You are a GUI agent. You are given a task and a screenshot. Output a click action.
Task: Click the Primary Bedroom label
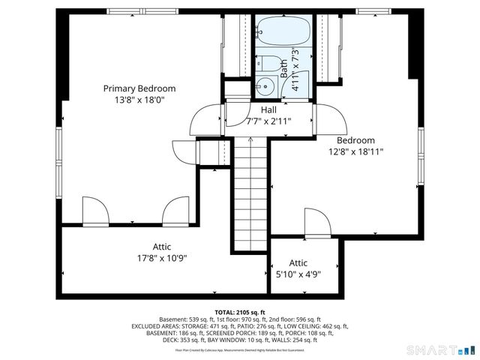coord(139,88)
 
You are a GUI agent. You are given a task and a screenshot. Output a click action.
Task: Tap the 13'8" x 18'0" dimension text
coord(139,99)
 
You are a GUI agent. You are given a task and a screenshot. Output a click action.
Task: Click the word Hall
coord(268,109)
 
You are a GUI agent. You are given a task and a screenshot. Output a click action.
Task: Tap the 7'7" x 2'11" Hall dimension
coord(268,121)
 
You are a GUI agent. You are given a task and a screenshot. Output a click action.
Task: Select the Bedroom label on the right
coord(355,140)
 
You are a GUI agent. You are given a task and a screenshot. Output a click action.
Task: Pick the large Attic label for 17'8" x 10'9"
coord(161,246)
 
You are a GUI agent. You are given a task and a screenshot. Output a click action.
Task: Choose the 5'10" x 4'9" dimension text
coord(298,274)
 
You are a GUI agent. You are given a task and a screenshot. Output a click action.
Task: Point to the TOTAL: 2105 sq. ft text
coord(240,312)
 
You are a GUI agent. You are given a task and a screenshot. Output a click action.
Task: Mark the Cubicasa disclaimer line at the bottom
coord(240,349)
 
